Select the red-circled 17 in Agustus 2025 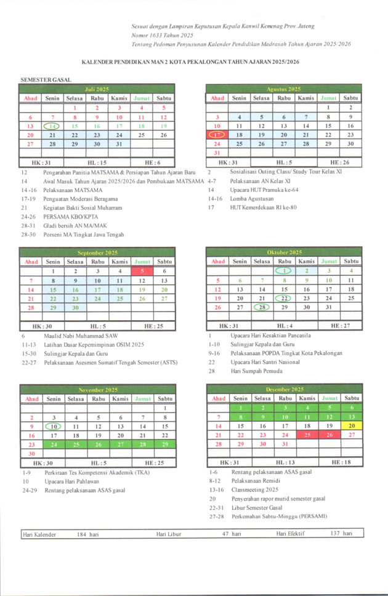coord(217,134)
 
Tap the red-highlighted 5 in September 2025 coord(142,271)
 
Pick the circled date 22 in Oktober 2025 coord(284,297)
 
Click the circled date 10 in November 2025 coord(52,425)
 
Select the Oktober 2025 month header coord(283,252)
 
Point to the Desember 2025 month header coord(283,389)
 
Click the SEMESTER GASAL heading coord(46,79)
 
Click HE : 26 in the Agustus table coord(340,162)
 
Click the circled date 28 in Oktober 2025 coord(262,307)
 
